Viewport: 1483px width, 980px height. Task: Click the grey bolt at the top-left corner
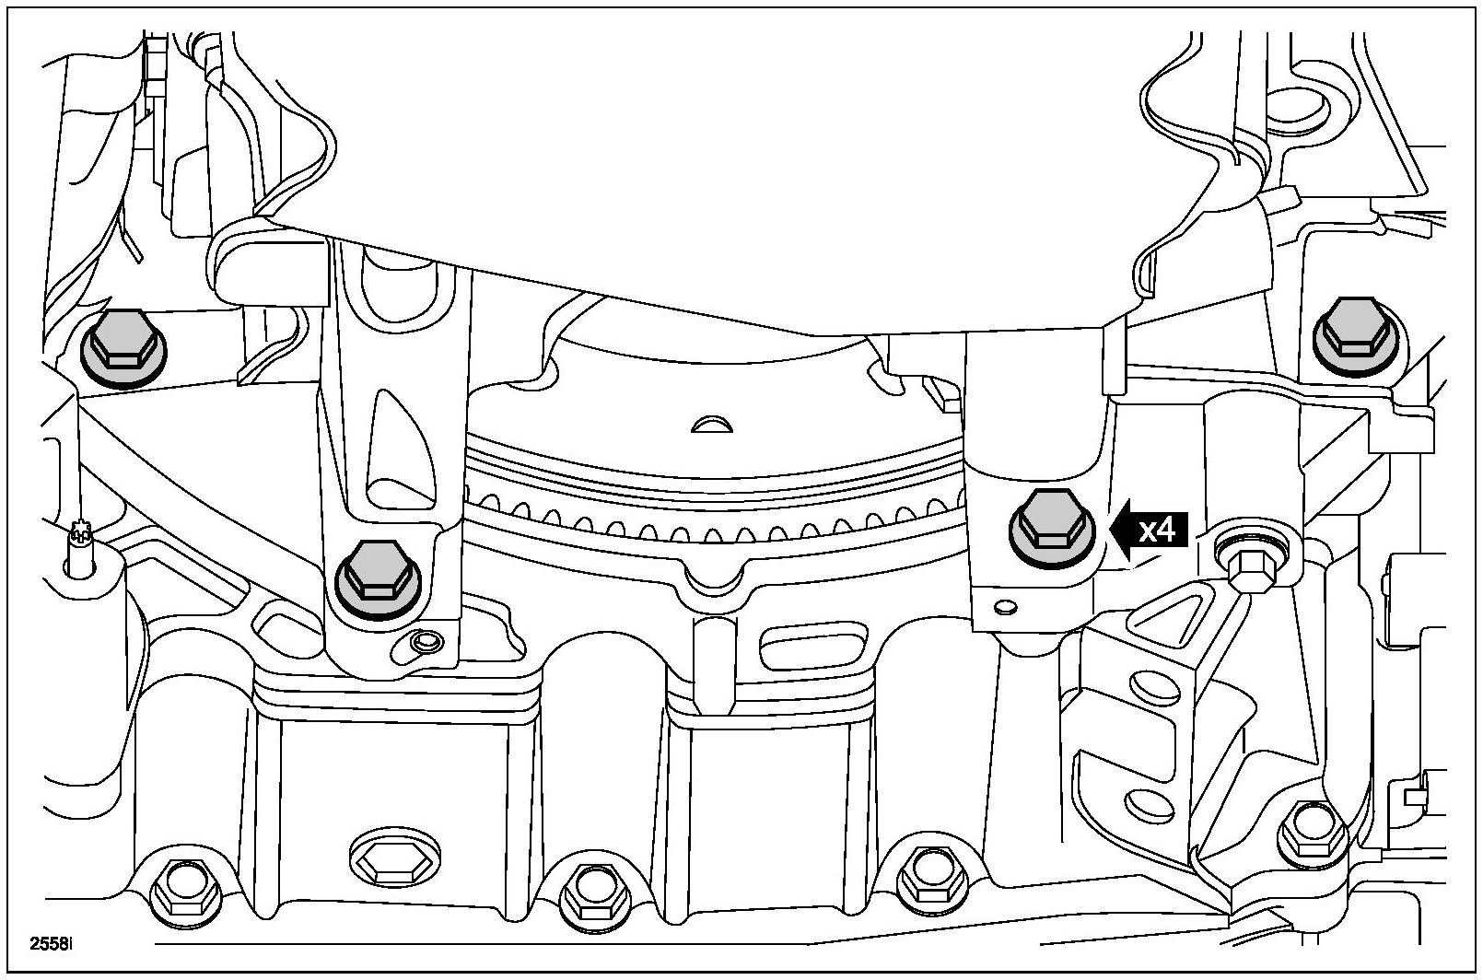click(123, 348)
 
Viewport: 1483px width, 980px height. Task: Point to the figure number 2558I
click(53, 944)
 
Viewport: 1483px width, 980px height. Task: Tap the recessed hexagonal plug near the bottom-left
click(393, 862)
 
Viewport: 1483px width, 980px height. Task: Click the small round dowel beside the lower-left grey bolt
click(426, 641)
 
